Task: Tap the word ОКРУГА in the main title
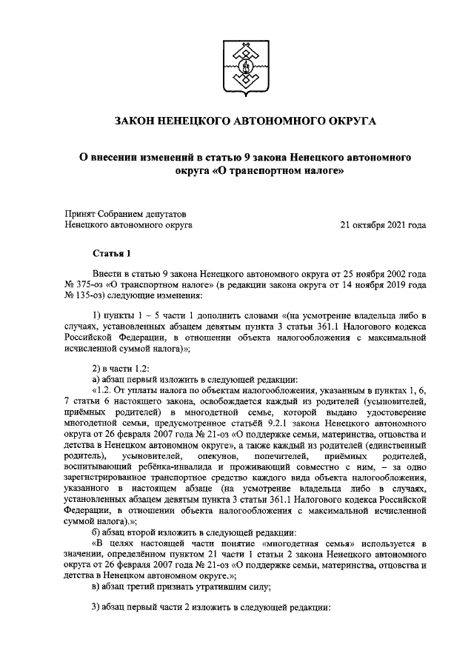pos(347,120)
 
